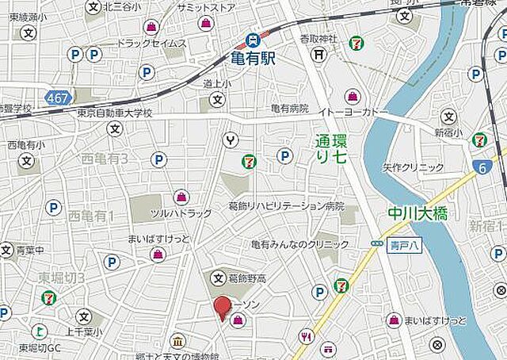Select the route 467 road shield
click(x=58, y=98)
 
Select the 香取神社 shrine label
click(x=318, y=39)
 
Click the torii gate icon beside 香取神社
click(x=318, y=54)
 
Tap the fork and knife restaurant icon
click(x=305, y=337)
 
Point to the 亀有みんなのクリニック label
click(x=300, y=244)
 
